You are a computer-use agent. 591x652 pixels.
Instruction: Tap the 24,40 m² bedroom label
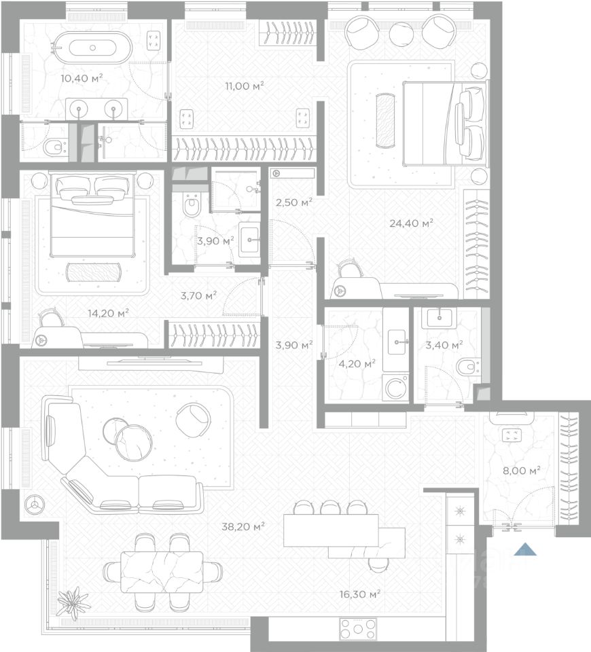412,223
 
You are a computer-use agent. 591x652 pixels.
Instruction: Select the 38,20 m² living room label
243,527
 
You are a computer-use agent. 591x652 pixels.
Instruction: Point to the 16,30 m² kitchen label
360,594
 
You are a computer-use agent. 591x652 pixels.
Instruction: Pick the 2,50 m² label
294,202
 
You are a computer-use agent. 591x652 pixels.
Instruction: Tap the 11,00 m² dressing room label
245,86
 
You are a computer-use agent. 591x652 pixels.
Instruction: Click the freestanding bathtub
92,48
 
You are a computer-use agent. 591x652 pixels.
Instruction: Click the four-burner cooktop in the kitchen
358,629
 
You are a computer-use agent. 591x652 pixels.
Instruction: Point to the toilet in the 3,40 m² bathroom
467,367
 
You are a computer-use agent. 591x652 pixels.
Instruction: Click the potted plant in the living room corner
73,600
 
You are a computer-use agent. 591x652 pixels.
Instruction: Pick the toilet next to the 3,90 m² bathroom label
192,205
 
